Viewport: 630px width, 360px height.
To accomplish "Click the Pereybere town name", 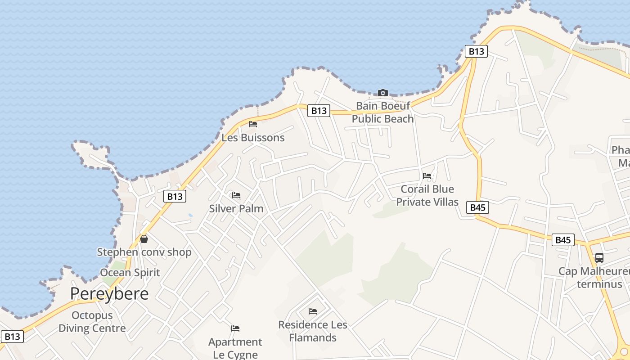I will (x=109, y=294).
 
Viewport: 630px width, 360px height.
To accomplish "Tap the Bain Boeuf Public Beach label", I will (x=382, y=112).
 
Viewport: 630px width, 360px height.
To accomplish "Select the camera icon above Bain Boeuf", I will (x=383, y=93).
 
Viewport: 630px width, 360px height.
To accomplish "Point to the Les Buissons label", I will (x=253, y=138).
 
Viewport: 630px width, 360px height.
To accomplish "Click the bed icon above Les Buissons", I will (x=253, y=124).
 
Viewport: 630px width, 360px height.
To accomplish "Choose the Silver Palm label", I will (x=236, y=209).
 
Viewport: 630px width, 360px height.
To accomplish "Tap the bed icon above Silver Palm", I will (x=236, y=195).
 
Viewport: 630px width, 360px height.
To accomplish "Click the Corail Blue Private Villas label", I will (x=427, y=195).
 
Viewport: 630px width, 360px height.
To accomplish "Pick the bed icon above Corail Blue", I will (x=427, y=175).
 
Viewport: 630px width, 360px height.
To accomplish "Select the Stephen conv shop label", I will (x=144, y=252).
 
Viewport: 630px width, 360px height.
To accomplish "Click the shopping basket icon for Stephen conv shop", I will (x=144, y=239).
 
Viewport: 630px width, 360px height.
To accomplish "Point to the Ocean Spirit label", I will (x=130, y=273).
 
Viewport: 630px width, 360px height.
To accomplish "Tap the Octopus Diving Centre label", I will (x=92, y=322).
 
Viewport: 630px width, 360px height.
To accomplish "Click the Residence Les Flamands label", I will (x=313, y=331).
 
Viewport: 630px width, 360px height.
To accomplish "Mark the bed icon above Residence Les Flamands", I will (x=313, y=311).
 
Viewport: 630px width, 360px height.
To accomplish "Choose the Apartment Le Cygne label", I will (x=235, y=348).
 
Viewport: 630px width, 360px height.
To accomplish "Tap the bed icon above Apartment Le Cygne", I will (x=235, y=328).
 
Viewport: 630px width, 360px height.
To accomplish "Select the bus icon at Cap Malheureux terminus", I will (x=599, y=258).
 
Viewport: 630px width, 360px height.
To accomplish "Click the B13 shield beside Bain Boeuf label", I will (x=319, y=111).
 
